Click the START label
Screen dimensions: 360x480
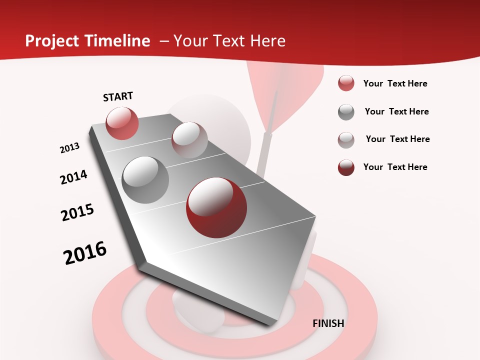pos(118,96)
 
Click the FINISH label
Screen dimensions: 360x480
pos(328,323)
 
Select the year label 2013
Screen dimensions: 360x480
pos(69,148)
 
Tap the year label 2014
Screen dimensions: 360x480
pos(73,177)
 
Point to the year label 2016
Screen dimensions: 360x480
pos(85,253)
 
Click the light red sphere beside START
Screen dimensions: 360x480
pos(122,123)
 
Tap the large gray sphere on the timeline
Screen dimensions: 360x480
pos(145,179)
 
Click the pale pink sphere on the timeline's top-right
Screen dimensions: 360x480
pos(189,140)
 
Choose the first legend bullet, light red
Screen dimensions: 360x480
pos(346,83)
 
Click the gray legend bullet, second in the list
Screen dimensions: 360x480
pos(346,112)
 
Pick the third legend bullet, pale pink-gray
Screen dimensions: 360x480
pos(346,140)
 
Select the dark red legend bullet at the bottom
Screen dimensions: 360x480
pos(346,167)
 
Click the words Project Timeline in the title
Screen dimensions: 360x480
pos(87,41)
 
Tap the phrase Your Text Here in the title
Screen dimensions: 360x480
pos(229,41)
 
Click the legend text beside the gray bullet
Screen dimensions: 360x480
pos(397,111)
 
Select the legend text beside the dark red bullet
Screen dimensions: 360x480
pos(395,167)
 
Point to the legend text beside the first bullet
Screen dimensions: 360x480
pos(395,83)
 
